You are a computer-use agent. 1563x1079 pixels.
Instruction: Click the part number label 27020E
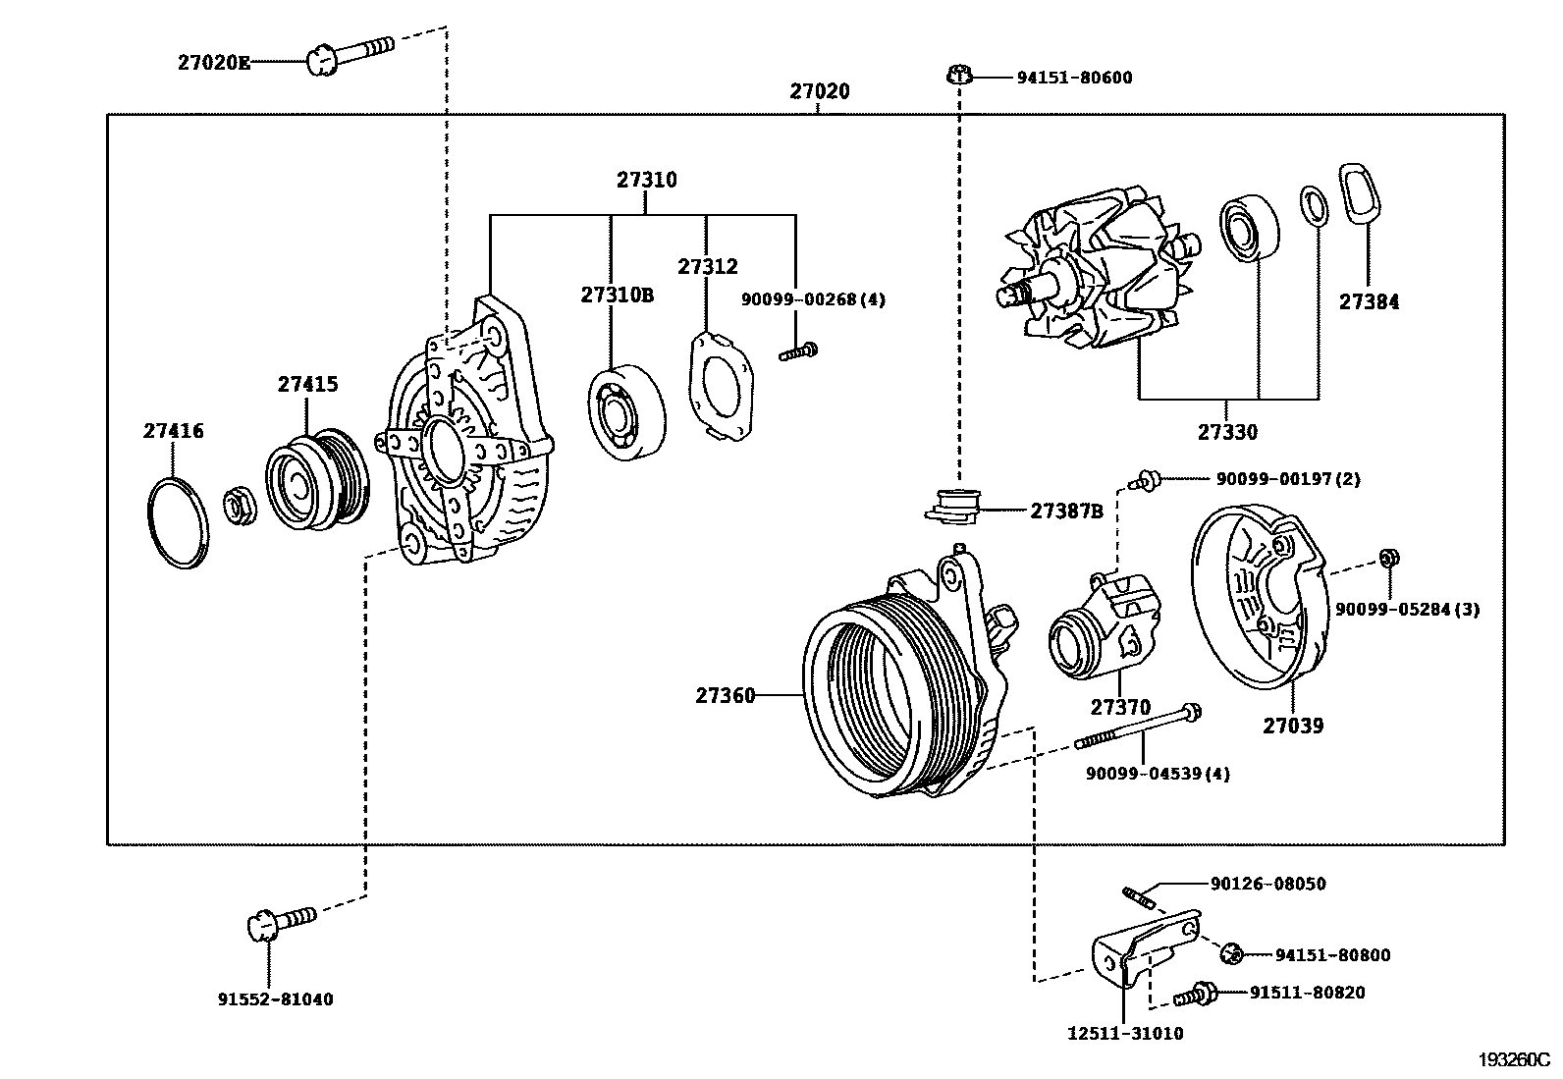(x=213, y=63)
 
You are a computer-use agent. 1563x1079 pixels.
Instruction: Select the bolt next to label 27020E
(x=350, y=55)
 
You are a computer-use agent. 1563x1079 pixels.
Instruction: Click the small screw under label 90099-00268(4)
(x=797, y=351)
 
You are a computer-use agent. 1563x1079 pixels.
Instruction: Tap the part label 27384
(x=1369, y=301)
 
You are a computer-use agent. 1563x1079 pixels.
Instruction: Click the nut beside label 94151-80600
(x=959, y=75)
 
